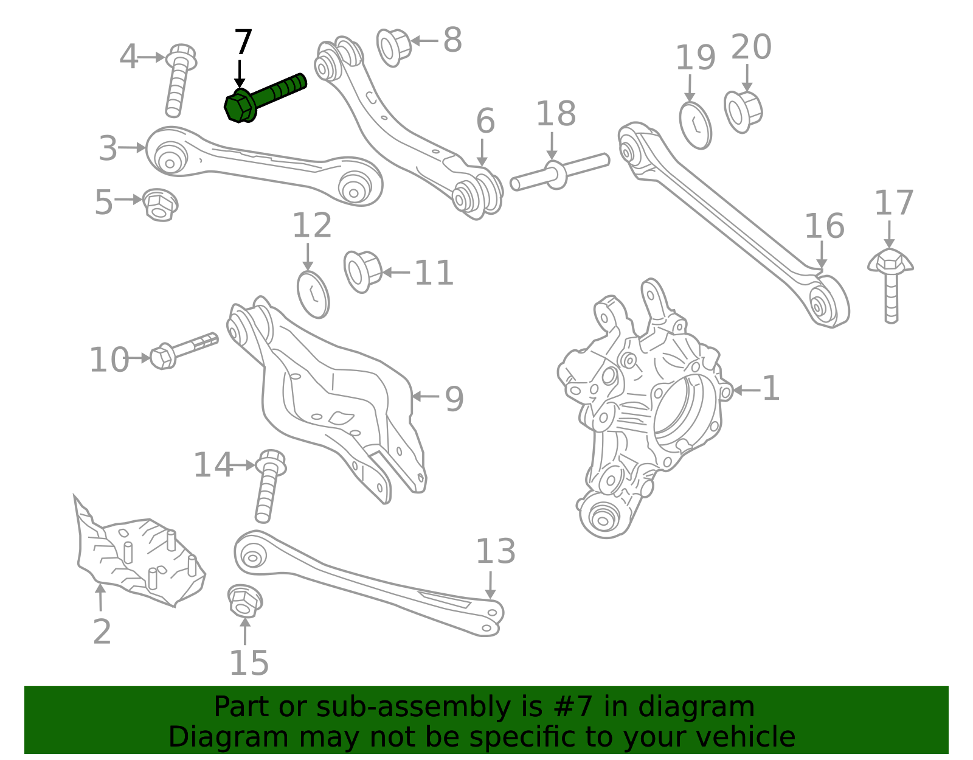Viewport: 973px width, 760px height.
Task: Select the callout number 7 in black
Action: [x=243, y=43]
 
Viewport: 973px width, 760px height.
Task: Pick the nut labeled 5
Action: [x=160, y=204]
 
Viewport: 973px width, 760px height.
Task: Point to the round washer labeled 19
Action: [x=695, y=126]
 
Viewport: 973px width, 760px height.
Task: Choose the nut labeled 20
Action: [x=743, y=111]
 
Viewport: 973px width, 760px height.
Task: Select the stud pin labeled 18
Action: [x=559, y=173]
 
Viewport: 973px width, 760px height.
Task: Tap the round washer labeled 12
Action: [x=313, y=295]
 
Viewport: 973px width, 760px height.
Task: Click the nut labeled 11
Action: [x=362, y=271]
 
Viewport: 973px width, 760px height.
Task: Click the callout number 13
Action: [x=495, y=552]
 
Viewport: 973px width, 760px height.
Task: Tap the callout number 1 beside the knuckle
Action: [x=770, y=388]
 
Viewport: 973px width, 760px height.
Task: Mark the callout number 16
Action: [x=824, y=226]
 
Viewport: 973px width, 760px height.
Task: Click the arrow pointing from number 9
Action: [x=425, y=397]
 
